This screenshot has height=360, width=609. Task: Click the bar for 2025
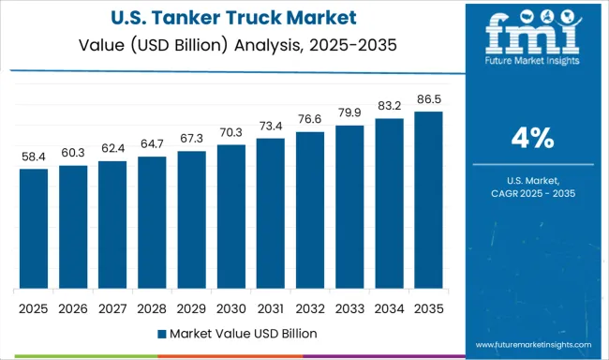[33, 229]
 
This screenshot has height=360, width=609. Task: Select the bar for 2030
[230, 217]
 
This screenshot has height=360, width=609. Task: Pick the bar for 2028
[152, 222]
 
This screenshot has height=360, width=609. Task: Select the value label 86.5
[427, 101]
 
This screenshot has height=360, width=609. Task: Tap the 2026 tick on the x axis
[72, 307]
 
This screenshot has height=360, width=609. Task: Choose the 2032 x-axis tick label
[309, 307]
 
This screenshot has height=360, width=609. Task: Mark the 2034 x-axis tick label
[388, 307]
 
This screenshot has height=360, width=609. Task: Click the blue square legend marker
[161, 333]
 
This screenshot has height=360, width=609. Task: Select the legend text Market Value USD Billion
[243, 333]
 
